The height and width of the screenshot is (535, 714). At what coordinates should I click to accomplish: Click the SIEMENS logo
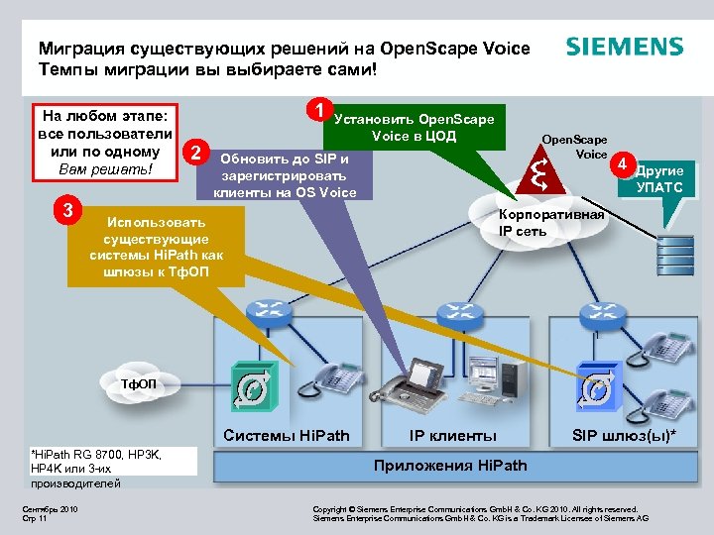pos(624,47)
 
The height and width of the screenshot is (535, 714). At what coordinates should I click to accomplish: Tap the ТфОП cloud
pos(133,382)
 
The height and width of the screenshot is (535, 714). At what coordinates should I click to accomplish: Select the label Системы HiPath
pos(287,435)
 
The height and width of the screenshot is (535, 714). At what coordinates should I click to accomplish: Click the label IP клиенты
pos(453,435)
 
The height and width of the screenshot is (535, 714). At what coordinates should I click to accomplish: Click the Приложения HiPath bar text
pos(450,465)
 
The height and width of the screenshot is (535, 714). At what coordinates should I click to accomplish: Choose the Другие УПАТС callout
pos(658,179)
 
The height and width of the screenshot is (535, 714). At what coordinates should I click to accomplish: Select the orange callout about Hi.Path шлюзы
pos(157,246)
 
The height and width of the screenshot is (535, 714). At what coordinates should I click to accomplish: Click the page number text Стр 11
pos(36,517)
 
